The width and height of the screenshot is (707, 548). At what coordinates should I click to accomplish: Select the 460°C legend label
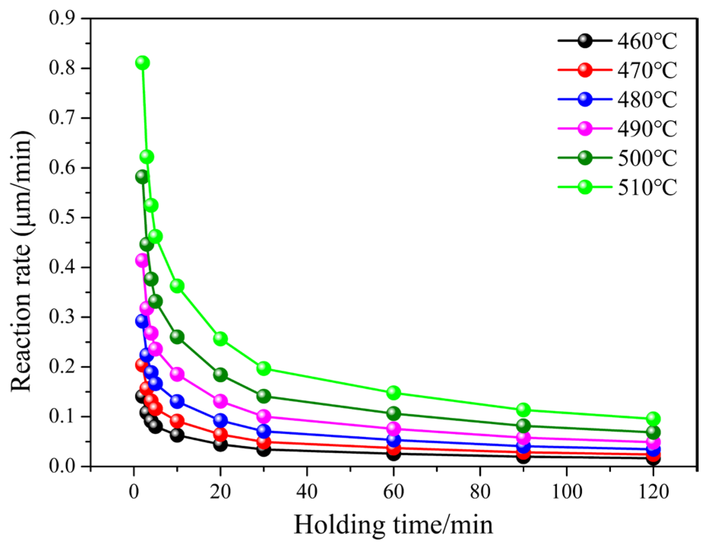pos(647,41)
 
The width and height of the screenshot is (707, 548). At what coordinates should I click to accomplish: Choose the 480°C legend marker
pos(585,99)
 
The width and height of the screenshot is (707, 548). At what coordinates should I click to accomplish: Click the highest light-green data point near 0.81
pos(142,62)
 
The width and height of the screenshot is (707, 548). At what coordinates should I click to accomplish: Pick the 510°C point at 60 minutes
pos(393,392)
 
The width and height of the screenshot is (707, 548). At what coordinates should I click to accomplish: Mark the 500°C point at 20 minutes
pos(220,375)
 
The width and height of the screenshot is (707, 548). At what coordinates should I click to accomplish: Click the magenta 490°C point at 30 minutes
pos(263,416)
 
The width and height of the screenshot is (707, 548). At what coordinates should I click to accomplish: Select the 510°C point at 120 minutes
pos(653,419)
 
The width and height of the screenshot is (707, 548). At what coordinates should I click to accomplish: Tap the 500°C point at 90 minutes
pos(523,425)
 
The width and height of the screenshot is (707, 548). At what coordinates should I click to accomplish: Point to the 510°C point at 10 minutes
pos(177,286)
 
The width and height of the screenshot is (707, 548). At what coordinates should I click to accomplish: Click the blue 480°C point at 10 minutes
pos(177,401)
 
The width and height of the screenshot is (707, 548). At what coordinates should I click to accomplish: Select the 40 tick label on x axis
pos(307,492)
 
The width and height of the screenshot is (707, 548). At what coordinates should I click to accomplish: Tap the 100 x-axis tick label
pos(566,492)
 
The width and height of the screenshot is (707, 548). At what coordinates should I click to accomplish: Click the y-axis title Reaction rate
pos(22,261)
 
